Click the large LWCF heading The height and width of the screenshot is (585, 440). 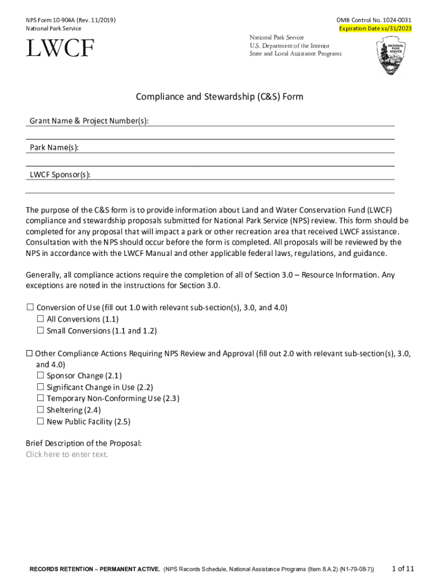tap(60, 49)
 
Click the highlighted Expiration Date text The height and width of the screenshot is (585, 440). tap(375, 29)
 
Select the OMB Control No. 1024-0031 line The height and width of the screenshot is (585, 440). tap(374, 20)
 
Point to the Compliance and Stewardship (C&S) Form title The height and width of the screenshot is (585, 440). tap(219, 97)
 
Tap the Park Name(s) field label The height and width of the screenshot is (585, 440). tap(54, 148)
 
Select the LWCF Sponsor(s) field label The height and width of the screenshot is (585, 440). tap(60, 175)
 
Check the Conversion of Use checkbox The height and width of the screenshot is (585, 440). tap(30, 308)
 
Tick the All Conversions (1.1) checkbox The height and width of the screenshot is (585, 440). tap(41, 319)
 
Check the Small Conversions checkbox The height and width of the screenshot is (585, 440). tap(41, 331)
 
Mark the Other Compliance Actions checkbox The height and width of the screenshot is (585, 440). tap(30, 354)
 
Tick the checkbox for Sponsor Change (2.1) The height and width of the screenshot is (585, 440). tap(41, 376)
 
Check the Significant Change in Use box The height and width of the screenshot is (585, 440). tap(41, 387)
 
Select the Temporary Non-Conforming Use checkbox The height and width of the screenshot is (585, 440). tap(41, 399)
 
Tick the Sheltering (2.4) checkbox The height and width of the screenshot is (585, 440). tap(41, 410)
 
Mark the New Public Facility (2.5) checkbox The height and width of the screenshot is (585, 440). tap(41, 422)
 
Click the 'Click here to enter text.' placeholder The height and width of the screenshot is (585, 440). tap(67, 454)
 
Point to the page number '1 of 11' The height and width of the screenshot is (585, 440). tap(402, 568)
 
